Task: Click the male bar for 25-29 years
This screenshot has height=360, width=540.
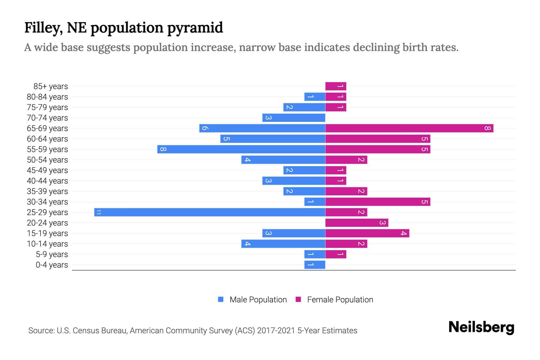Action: (x=210, y=212)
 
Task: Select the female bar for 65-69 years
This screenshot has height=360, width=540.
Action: (x=409, y=128)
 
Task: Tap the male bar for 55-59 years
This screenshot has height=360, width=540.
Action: (x=241, y=149)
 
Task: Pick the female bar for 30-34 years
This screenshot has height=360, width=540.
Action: (x=378, y=202)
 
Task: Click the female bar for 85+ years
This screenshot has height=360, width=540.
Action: (x=336, y=86)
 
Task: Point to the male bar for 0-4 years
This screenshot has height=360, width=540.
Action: (x=315, y=265)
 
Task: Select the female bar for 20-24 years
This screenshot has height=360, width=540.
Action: (x=357, y=223)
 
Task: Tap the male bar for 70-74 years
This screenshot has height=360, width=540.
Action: (x=294, y=118)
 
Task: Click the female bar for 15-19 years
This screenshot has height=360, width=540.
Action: (x=367, y=233)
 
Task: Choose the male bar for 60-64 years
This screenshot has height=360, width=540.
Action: (x=273, y=139)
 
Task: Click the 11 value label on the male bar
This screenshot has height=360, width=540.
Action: (x=98, y=212)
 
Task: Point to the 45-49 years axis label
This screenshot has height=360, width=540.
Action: (x=47, y=170)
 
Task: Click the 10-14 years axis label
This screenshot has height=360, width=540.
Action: (x=47, y=244)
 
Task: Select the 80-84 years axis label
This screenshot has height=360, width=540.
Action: (x=47, y=97)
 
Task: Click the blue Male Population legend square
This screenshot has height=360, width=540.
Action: (x=221, y=299)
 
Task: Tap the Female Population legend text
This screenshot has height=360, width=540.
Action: (x=340, y=299)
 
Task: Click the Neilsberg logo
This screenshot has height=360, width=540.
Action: (x=481, y=327)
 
